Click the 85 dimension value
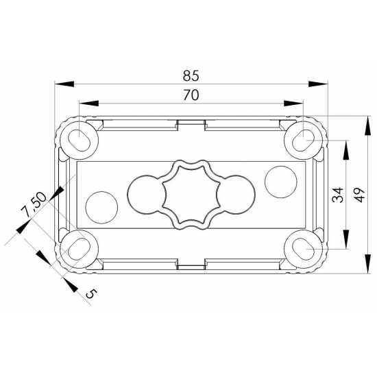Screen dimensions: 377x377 coord(191,75)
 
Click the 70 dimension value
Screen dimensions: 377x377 coord(191,95)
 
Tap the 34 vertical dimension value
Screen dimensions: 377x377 coord(337,195)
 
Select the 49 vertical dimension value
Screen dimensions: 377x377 coord(360,195)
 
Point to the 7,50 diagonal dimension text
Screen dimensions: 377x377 coord(33,204)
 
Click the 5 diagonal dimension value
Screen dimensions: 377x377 coord(92,293)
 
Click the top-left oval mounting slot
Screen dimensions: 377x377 coord(80,141)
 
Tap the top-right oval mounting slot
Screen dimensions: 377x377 coord(303,141)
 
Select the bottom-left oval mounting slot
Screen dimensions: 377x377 coord(80,249)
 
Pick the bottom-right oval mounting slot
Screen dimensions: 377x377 coord(303,249)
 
